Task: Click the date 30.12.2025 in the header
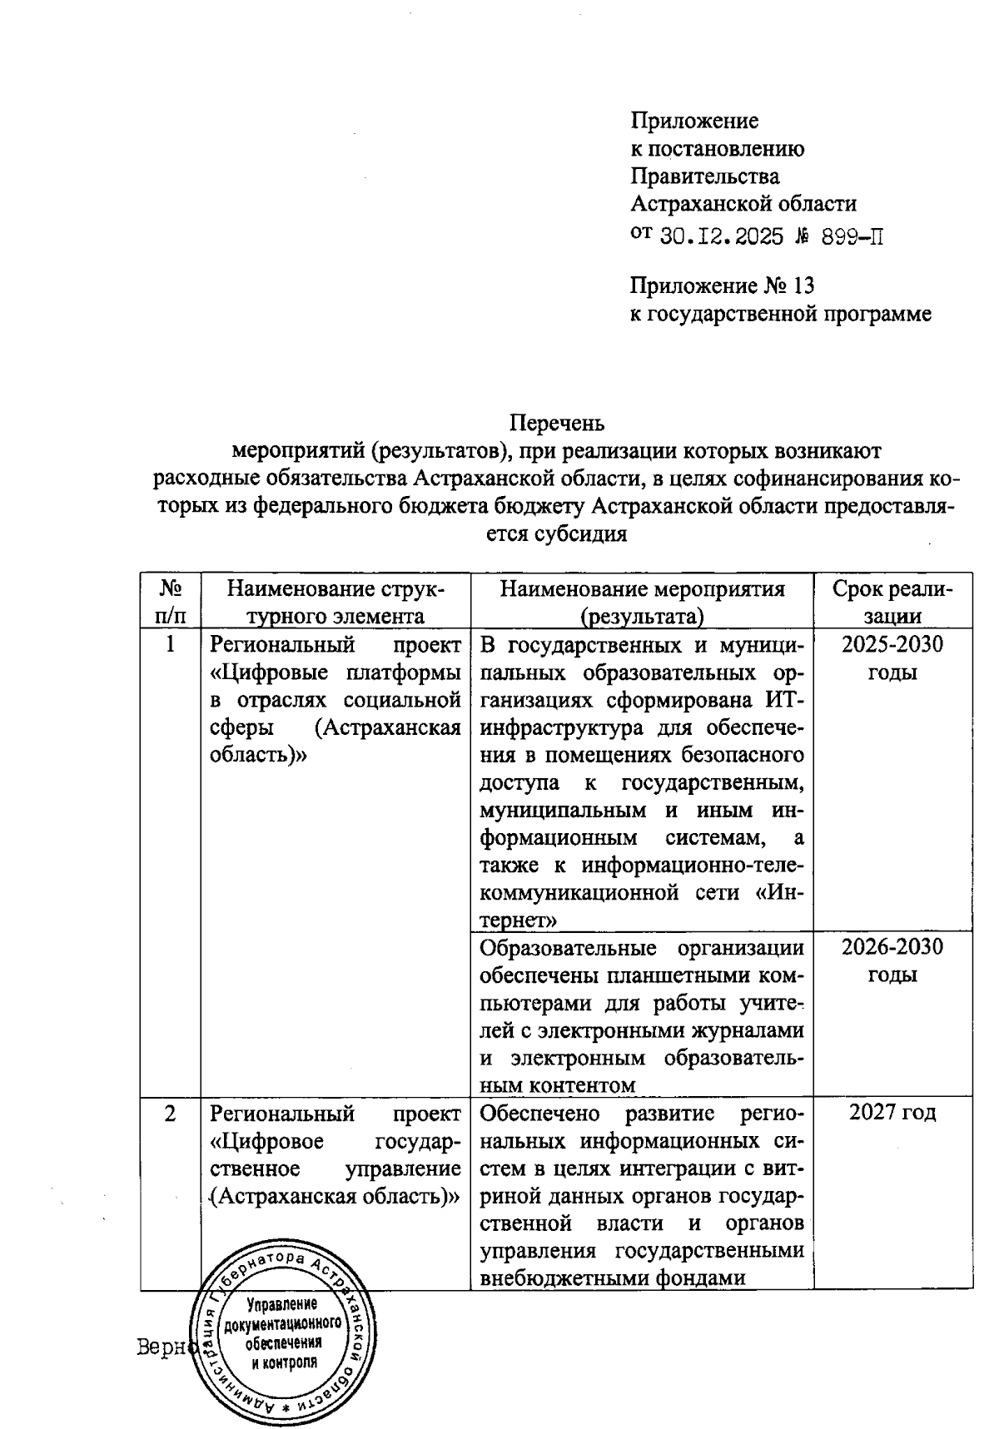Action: pos(721,236)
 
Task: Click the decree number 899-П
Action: pos(852,236)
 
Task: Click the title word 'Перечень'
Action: pos(555,423)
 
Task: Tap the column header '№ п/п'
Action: pos(171,602)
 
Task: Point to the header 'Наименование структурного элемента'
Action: pos(335,602)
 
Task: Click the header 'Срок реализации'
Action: pos(892,602)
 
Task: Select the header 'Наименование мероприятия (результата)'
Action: pos(642,602)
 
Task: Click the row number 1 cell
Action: pos(171,644)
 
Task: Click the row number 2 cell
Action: pos(171,1113)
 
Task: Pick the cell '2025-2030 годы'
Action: pos(892,657)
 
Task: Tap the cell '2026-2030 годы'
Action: pos(892,960)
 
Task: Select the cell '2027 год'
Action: pos(892,1113)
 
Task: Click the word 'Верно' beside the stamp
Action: pos(164,1347)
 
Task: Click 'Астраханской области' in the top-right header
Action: pos(743,203)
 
